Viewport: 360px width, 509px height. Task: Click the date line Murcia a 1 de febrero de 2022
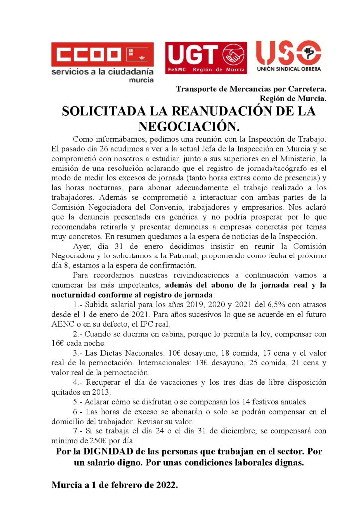pyautogui.click(x=114, y=485)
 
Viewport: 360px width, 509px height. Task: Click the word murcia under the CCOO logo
pyautogui.click(x=141, y=80)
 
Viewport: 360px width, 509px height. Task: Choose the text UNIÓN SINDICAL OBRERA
pyautogui.click(x=288, y=70)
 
